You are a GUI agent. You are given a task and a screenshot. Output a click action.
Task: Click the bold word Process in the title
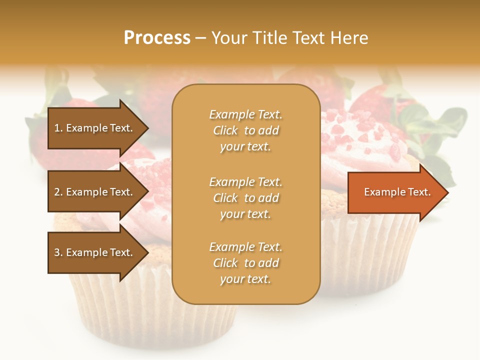(x=157, y=38)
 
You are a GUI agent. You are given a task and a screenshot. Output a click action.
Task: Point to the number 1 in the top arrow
(x=56, y=128)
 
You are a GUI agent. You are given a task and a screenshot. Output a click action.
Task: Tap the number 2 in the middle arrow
(x=57, y=192)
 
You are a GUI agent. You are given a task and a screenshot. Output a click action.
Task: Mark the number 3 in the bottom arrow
(x=57, y=253)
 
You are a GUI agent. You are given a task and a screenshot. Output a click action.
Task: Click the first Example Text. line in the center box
(x=245, y=114)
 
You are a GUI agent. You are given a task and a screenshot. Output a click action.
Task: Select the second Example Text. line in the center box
(x=245, y=182)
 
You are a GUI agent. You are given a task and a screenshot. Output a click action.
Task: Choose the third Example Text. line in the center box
(x=245, y=247)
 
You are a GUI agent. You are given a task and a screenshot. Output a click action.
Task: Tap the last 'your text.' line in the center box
(x=245, y=279)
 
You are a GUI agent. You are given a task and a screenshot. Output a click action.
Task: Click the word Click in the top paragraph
(x=225, y=131)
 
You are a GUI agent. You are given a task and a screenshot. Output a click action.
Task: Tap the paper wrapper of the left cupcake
(x=150, y=315)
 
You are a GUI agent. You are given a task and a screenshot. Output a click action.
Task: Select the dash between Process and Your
(x=200, y=38)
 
